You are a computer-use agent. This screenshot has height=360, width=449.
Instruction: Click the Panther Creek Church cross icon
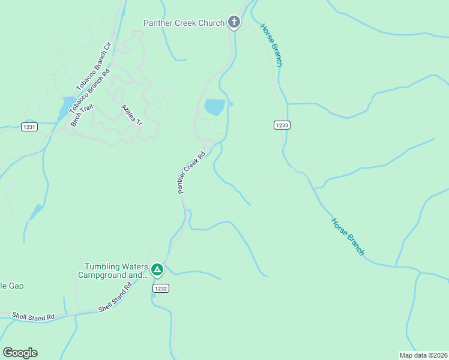click(234, 23)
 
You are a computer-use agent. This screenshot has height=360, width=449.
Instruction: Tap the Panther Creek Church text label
click(184, 23)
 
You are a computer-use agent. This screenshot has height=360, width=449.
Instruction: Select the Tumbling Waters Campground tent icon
click(157, 269)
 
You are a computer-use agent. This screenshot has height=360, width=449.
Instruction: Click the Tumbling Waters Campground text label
click(113, 271)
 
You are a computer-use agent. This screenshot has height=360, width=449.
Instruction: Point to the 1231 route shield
click(29, 127)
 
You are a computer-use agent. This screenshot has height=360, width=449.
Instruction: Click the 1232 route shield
click(160, 289)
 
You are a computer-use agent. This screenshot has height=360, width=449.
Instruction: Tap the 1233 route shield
click(282, 125)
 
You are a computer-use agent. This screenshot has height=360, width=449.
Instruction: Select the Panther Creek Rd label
click(191, 172)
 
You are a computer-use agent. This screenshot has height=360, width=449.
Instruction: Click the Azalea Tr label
click(131, 115)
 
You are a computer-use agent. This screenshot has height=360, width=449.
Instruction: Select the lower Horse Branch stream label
click(348, 236)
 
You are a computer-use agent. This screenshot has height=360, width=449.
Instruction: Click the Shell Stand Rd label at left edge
click(34, 316)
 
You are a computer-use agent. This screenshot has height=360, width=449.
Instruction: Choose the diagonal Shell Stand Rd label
click(115, 299)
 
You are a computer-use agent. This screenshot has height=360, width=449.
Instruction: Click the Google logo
click(20, 353)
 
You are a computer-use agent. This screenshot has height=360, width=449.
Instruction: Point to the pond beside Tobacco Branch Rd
click(65, 108)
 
